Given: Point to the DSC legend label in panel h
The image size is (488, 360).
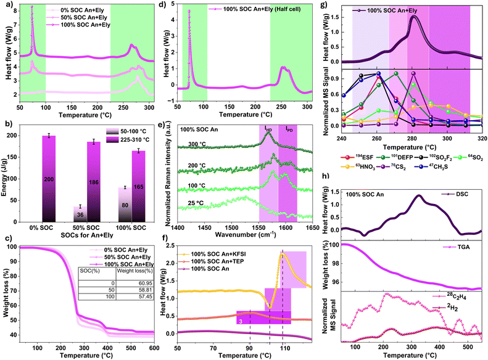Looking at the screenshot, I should [458, 195].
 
